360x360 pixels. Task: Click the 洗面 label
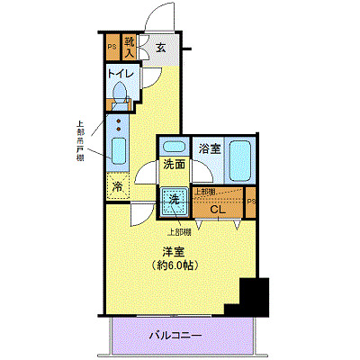coord(173,166)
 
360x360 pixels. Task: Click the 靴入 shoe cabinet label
coord(130,46)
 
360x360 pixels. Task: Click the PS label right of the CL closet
coord(251,202)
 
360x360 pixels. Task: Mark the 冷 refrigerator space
coord(118,186)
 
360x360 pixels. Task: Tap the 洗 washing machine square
coord(172,200)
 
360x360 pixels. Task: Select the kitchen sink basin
coord(118,148)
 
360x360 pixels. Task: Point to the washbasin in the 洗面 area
coord(175,147)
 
